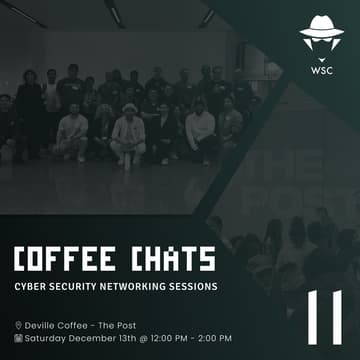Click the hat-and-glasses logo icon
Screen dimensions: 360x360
click(x=321, y=39)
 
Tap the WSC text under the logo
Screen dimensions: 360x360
click(x=321, y=72)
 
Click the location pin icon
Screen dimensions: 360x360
click(x=18, y=325)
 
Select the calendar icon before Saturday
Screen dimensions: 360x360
click(x=18, y=338)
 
